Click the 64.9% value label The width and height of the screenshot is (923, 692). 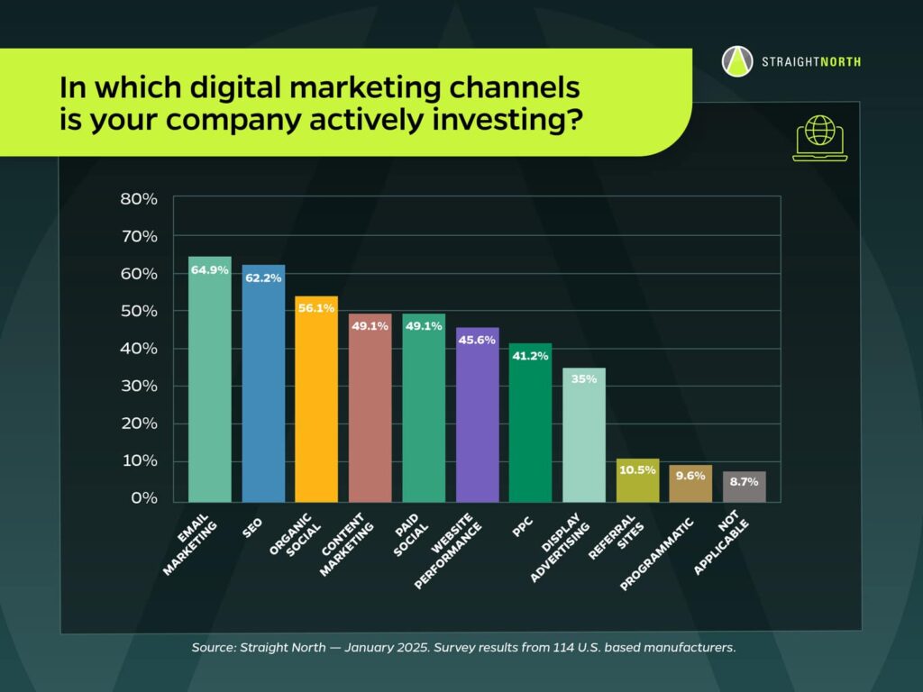pyautogui.click(x=209, y=270)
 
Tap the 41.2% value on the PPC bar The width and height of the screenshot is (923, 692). pyautogui.click(x=530, y=356)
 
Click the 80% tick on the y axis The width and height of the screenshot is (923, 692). pyautogui.click(x=139, y=198)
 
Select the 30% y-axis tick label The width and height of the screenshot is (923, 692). pyautogui.click(x=139, y=386)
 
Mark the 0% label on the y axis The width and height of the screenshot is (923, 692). pyautogui.click(x=143, y=498)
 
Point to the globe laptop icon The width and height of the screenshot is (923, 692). pyautogui.click(x=819, y=138)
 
